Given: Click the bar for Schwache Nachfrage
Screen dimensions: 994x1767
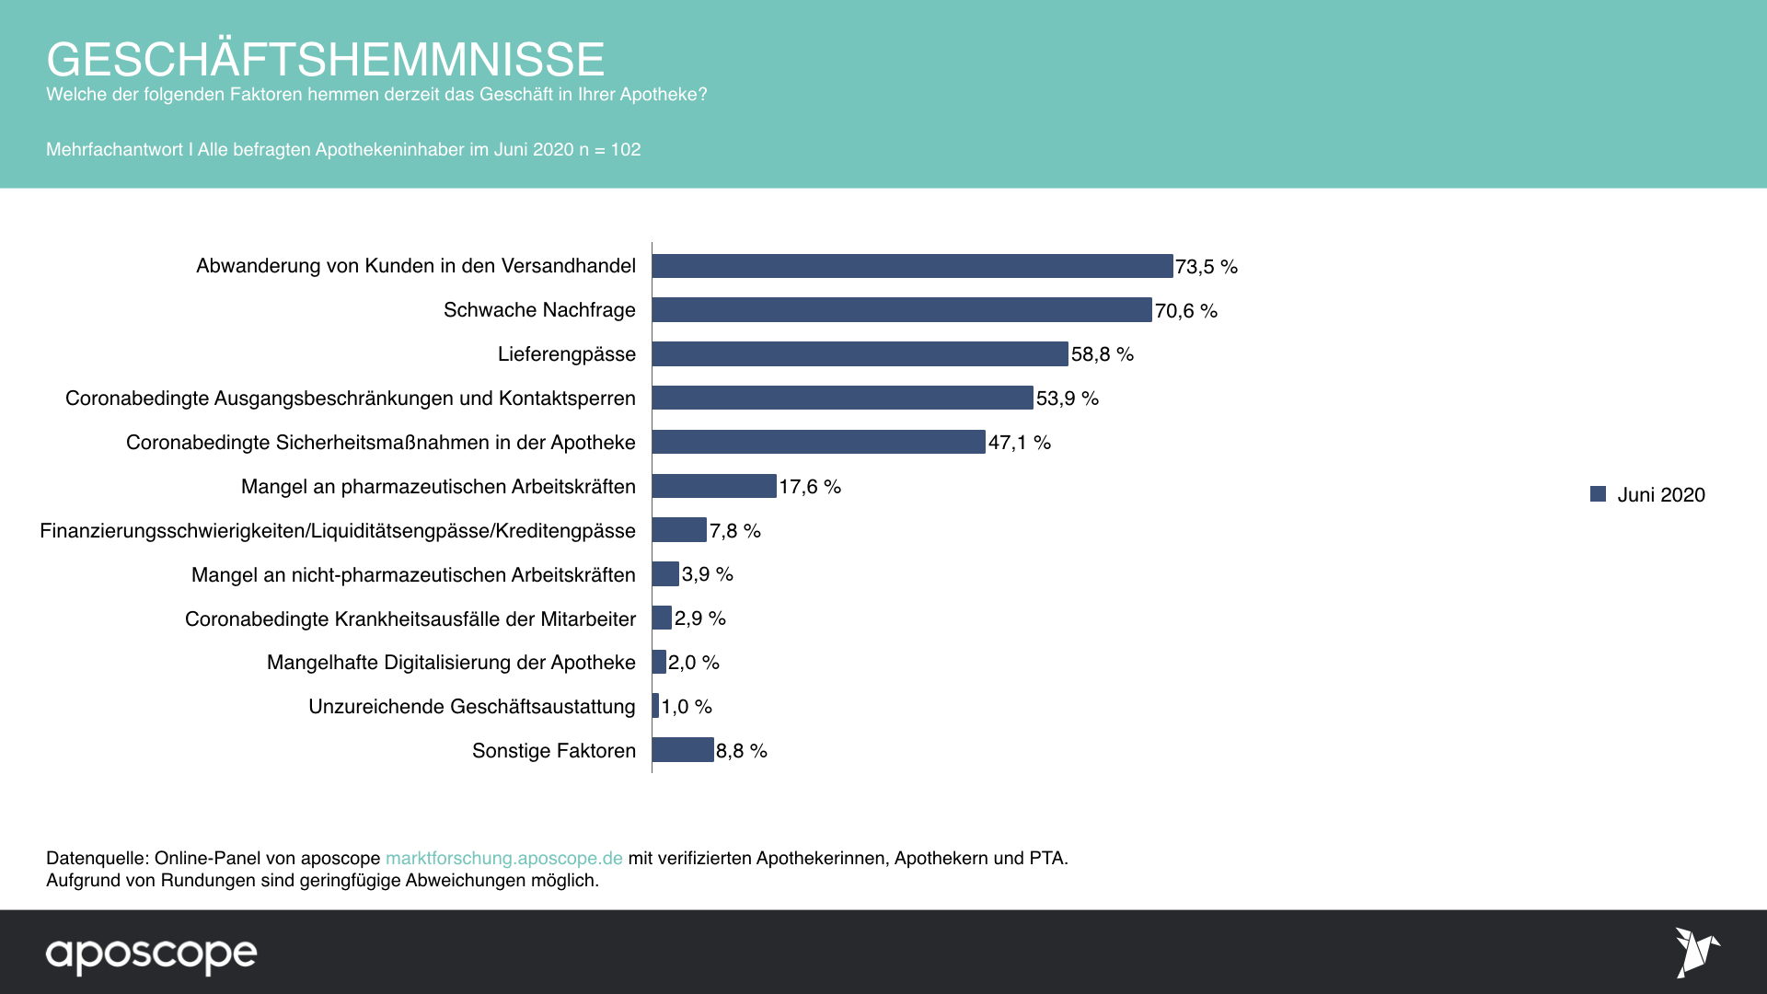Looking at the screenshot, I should (902, 310).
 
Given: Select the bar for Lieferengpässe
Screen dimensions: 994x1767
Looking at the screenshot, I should (860, 354).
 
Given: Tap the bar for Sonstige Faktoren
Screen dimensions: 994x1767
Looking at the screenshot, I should (683, 750).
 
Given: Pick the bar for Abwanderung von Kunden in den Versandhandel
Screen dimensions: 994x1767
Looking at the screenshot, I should (912, 266).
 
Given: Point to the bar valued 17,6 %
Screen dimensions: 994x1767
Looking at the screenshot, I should (714, 486).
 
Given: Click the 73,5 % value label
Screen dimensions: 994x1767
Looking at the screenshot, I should (1206, 267).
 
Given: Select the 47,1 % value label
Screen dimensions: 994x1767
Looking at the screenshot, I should (1019, 443).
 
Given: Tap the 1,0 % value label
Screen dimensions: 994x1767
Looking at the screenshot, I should (687, 707).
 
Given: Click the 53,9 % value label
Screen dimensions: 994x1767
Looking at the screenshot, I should (1067, 399).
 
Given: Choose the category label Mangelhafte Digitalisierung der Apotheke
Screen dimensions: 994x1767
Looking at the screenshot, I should (451, 663).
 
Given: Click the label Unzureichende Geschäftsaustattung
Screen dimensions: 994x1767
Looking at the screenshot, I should (471, 707).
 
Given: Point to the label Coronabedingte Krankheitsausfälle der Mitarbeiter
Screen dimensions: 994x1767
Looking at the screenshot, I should (410, 618).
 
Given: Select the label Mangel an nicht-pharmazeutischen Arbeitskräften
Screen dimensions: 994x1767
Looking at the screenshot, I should (413, 575).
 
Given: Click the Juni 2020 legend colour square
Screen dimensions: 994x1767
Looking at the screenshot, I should (1598, 494).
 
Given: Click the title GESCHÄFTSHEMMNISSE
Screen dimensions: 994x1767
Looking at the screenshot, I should (325, 59).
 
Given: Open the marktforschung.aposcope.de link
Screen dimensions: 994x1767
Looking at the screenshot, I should (503, 858).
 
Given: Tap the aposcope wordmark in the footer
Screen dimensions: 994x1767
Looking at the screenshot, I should (151, 954).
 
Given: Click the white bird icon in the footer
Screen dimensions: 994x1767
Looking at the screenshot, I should (1696, 952).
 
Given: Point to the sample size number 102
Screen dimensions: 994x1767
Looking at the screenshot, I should (626, 149).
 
